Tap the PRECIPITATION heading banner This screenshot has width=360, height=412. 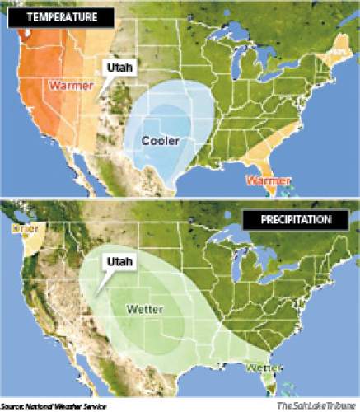(x=288, y=220)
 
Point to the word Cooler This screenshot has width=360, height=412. (x=160, y=141)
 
